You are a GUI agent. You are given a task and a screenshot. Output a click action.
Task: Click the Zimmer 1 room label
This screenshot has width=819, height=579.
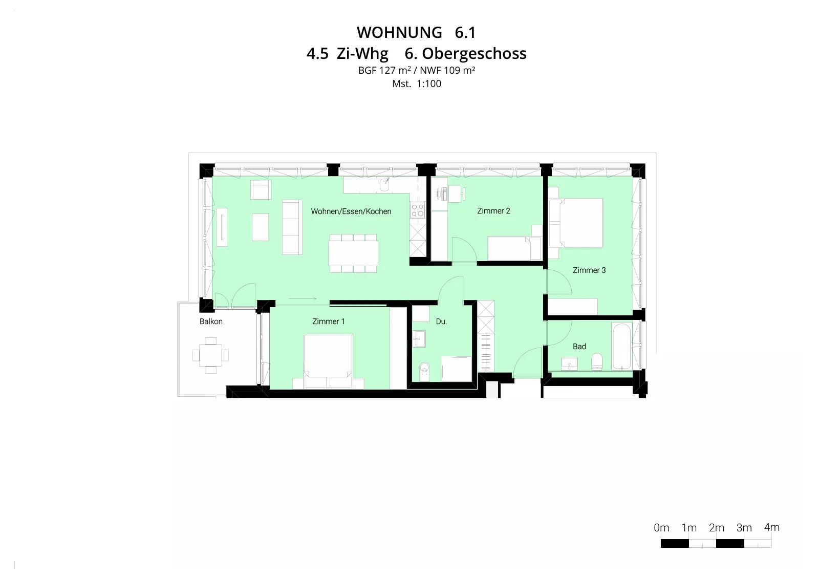328,321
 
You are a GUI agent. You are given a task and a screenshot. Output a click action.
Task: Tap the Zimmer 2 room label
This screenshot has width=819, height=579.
493,211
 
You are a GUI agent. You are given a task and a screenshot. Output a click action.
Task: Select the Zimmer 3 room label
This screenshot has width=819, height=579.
589,270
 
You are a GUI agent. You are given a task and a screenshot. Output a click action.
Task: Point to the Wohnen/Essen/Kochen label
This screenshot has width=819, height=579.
351,211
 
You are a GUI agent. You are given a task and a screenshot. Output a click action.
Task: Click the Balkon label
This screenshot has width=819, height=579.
211,321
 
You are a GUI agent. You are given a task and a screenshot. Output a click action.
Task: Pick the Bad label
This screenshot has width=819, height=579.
579,347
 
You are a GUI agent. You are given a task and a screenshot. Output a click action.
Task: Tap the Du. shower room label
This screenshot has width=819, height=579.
441,321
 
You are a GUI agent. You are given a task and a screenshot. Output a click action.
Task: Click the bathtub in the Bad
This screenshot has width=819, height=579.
621,346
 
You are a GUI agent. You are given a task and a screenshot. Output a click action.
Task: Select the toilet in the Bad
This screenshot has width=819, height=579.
597,361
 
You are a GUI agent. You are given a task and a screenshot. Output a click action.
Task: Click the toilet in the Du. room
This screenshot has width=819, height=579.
424,371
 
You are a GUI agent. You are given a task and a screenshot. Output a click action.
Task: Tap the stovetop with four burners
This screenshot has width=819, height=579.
418,210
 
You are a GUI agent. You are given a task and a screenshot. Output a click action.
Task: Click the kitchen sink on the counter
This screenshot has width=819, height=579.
384,185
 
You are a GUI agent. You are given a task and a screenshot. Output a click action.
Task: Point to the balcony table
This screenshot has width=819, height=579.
210,355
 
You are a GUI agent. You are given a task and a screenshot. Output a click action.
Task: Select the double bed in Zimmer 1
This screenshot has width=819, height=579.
328,361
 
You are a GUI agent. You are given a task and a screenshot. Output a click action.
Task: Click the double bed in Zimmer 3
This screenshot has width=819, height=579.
579,223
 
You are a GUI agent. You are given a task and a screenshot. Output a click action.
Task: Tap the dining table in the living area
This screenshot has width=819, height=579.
353,253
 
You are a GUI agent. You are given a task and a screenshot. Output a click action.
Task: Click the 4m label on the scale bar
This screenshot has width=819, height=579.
771,527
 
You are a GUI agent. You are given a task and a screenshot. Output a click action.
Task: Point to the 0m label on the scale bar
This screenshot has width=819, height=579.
661,528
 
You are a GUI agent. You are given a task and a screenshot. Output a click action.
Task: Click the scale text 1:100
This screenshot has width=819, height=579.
429,84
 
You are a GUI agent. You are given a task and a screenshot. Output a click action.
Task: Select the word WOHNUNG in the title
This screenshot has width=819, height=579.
399,33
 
